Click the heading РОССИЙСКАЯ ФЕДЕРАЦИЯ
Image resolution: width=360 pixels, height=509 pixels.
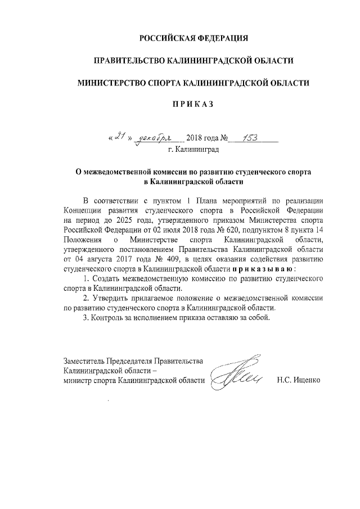pyautogui.click(x=193, y=39)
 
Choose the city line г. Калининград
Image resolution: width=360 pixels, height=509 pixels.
pyautogui.click(x=193, y=150)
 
